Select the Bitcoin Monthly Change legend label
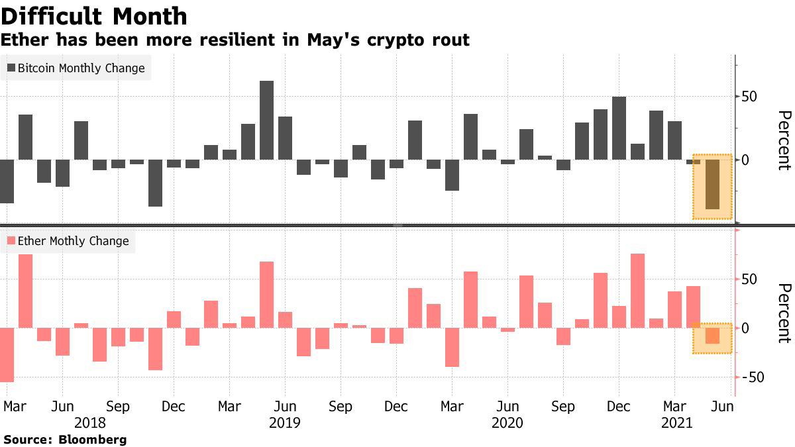[81, 68]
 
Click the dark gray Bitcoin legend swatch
[11, 68]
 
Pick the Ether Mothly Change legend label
[73, 241]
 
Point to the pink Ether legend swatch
[11, 241]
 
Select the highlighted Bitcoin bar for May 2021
[712, 184]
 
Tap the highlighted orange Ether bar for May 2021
[712, 336]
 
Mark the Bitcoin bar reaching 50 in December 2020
[619, 128]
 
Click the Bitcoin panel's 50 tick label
[749, 97]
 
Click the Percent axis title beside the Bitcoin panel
[784, 140]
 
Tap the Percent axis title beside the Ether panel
[784, 313]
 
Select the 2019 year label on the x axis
[285, 422]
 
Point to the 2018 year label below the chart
[91, 422]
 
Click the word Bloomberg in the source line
[92, 439]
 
